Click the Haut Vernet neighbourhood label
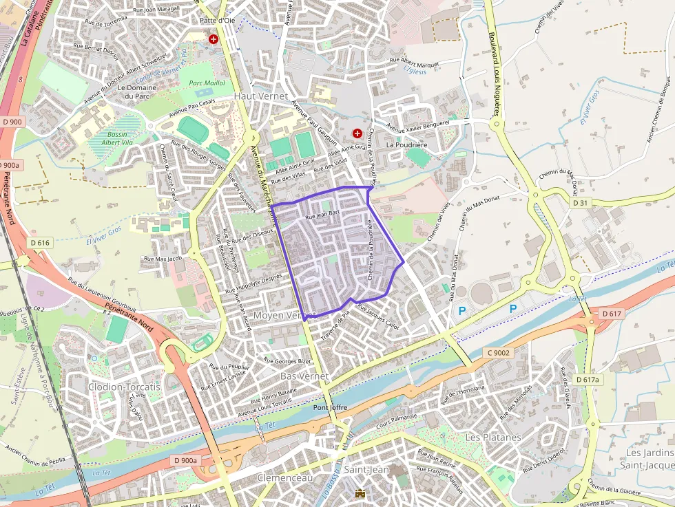point(261,96)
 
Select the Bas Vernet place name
point(304,377)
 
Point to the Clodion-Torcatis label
point(124,387)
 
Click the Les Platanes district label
point(493,438)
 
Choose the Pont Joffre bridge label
point(330,408)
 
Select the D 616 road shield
point(41,243)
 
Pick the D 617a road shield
point(588,380)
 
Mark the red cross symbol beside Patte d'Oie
point(214,40)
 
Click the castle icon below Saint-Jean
point(360,493)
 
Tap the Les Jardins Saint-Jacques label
point(650,459)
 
